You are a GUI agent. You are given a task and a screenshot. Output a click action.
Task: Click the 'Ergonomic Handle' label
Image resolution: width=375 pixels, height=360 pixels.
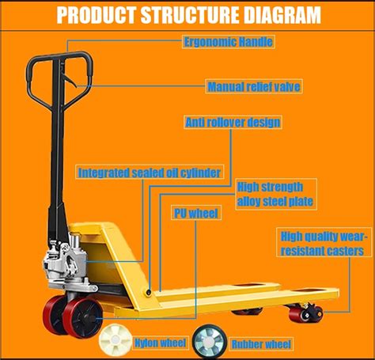229,42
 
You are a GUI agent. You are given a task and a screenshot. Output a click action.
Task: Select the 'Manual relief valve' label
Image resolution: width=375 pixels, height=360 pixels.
254,86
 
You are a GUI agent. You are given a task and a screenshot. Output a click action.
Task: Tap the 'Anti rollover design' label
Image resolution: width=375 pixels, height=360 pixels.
233,123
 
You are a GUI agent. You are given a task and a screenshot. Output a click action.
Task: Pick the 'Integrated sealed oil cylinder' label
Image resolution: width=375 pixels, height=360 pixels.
150,172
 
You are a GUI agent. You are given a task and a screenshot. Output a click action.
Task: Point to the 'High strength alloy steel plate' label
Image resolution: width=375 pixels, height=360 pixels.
276,194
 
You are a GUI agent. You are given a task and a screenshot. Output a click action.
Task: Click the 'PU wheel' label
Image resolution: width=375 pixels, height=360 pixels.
196,213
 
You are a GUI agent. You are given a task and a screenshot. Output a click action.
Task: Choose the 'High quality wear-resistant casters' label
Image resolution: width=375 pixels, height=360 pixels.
324,243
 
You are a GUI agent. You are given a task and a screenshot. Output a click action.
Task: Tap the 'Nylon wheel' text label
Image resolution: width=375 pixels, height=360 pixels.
161,343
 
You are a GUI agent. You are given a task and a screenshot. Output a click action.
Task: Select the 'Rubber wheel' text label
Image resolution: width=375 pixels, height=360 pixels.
261,344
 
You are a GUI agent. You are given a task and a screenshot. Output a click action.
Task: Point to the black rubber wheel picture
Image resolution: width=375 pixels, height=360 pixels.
209,341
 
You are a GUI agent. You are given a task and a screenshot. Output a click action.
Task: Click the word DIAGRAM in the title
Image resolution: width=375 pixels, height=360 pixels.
282,14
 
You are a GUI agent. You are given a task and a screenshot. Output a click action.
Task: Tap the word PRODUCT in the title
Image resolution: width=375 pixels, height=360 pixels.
97,14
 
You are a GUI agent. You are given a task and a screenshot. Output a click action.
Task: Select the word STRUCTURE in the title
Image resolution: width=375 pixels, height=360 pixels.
190,14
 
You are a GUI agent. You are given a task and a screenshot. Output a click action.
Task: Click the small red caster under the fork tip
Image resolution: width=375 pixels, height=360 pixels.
306,313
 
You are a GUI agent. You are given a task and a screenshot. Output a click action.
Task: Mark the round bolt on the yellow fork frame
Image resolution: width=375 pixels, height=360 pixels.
149,292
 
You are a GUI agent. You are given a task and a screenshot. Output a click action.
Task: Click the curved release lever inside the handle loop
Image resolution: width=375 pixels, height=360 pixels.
69,80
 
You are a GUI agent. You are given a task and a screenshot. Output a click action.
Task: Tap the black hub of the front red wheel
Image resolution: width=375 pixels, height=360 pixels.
89,317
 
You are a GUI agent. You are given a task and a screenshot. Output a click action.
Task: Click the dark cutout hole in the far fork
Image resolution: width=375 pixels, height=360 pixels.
249,285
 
